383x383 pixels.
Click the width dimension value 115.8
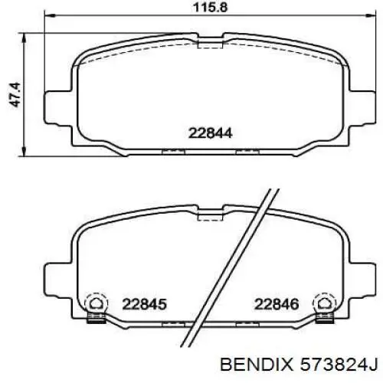210,8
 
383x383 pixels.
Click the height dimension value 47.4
15,95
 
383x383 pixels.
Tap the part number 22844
211,133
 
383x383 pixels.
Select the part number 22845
145,304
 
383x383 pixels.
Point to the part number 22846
277,304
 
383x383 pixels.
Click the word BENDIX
257,365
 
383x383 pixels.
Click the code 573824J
339,365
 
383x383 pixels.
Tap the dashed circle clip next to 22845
97,303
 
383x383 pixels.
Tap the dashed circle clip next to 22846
325,303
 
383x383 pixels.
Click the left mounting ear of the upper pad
58,107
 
